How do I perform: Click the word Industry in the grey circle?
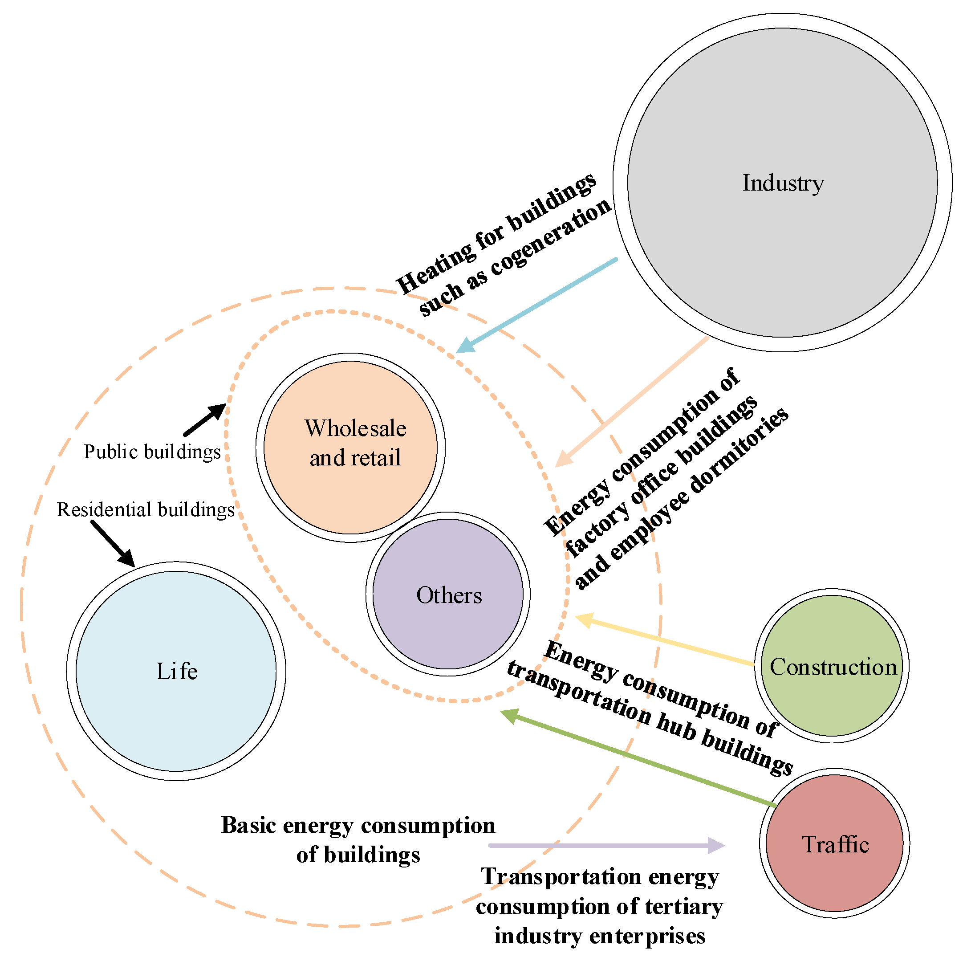click(783, 183)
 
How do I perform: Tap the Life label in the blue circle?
click(177, 672)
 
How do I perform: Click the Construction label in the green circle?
click(833, 667)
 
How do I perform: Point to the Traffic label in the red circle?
click(835, 845)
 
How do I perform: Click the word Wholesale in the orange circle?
click(355, 428)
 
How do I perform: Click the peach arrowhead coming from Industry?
click(563, 460)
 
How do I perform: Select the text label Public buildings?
click(152, 452)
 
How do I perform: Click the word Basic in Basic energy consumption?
click(249, 825)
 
